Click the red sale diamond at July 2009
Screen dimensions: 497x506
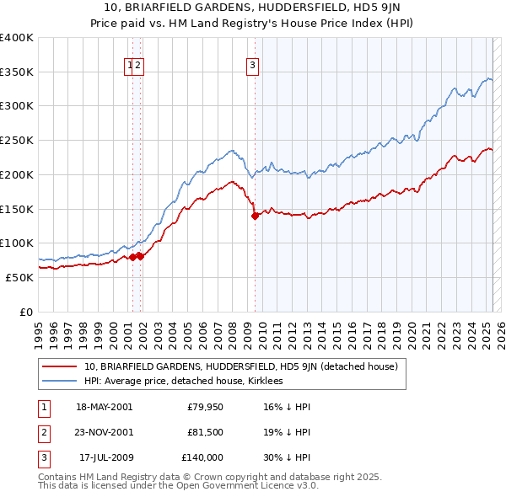click(x=255, y=216)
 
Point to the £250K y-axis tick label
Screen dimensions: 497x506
click(x=17, y=140)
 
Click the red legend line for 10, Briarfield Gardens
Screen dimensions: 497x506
click(x=59, y=366)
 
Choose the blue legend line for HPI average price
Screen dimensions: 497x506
click(x=59, y=381)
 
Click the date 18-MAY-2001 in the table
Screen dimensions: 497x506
click(x=104, y=407)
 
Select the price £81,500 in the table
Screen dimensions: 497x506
click(x=205, y=433)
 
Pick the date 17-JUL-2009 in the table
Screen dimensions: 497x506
click(x=105, y=458)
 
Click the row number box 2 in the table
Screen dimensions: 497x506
click(x=43, y=433)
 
